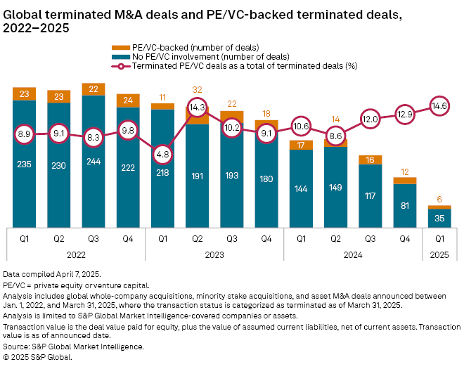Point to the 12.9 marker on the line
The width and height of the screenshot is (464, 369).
[405, 113]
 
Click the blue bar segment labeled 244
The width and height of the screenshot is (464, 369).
[94, 169]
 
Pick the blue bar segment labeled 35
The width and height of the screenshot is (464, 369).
[439, 219]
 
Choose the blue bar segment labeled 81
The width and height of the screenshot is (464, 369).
[405, 206]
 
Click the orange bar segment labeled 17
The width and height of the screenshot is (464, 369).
[301, 145]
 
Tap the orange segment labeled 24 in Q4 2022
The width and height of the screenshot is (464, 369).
[128, 99]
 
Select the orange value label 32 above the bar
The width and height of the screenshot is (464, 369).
[198, 90]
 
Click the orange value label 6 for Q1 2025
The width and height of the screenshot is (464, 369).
[439, 199]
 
